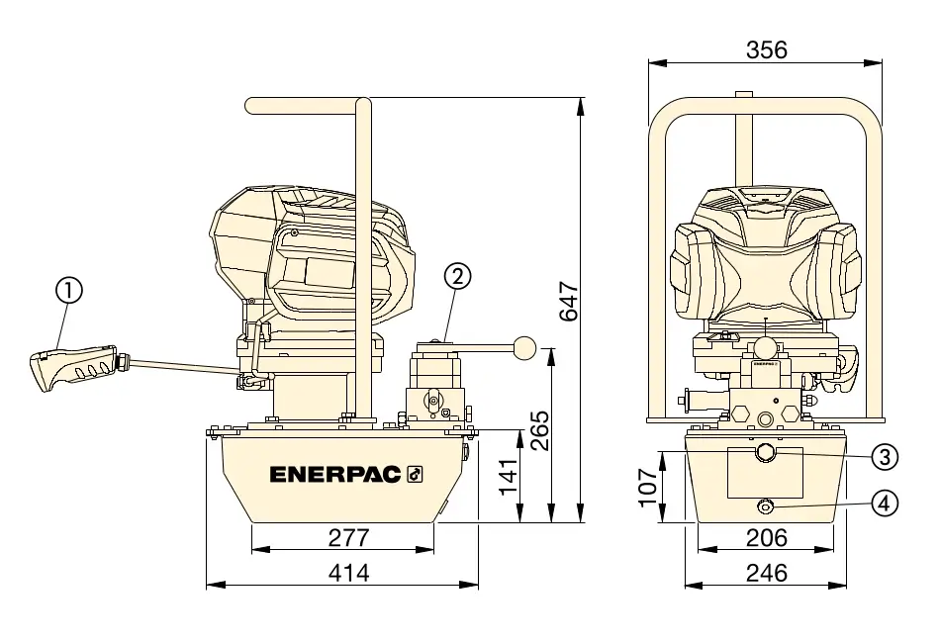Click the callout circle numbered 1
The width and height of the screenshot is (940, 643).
click(x=69, y=291)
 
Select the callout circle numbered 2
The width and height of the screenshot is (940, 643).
click(x=457, y=276)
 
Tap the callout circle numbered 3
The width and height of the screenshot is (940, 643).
click(x=885, y=457)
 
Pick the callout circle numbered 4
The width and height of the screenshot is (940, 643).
click(x=885, y=504)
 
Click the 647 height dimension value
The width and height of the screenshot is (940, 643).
click(x=569, y=302)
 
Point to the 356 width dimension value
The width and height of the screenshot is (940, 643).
click(x=767, y=49)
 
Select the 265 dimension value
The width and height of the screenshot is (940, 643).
click(x=539, y=430)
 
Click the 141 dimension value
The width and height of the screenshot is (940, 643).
click(x=509, y=477)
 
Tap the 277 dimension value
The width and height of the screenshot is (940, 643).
click(x=349, y=537)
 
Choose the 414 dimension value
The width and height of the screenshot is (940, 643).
click(x=349, y=573)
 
